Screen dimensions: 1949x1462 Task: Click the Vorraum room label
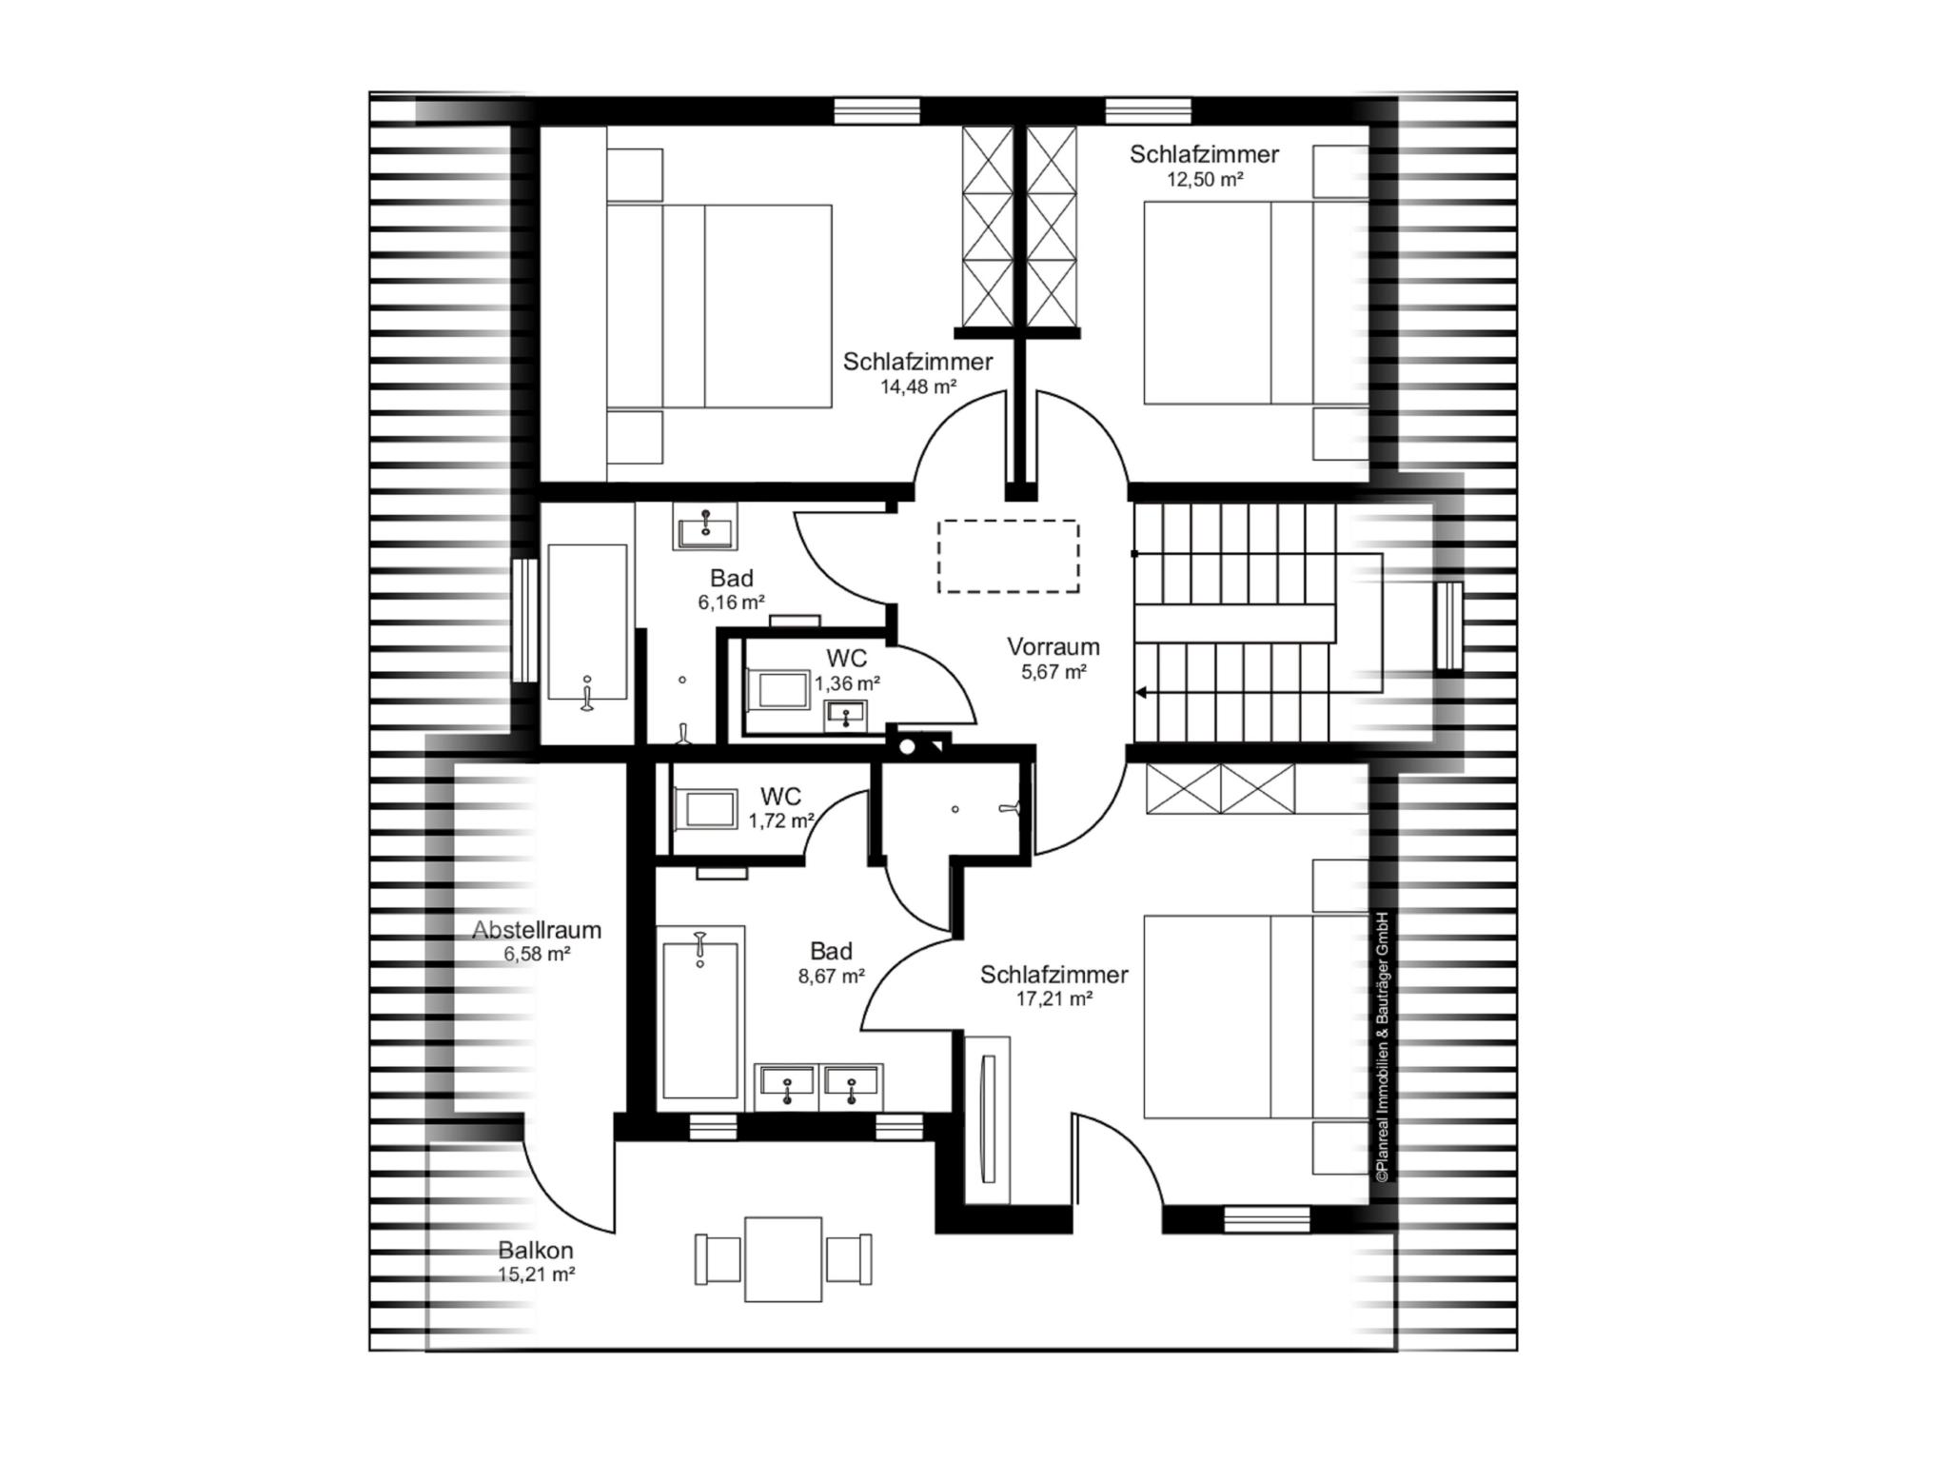coord(1053,647)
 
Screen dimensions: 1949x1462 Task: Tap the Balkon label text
coord(536,1251)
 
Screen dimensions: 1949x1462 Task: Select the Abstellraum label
coord(537,930)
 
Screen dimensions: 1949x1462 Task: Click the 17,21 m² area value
coord(1053,998)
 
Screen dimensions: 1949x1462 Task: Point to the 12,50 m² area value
coord(1205,179)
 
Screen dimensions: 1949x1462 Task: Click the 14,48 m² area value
coord(917,386)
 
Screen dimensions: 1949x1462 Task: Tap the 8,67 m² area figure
coord(832,976)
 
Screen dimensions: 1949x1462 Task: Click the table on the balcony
coord(783,1258)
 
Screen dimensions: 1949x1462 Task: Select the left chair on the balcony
coord(718,1258)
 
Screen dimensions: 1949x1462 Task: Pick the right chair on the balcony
coord(849,1258)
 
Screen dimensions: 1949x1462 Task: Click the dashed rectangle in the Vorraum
coord(1008,556)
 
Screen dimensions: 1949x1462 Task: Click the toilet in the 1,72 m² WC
coord(704,809)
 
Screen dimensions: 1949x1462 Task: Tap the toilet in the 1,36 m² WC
coord(777,689)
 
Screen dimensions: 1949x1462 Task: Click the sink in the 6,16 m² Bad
coord(705,526)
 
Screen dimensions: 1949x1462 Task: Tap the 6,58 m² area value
coord(537,955)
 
